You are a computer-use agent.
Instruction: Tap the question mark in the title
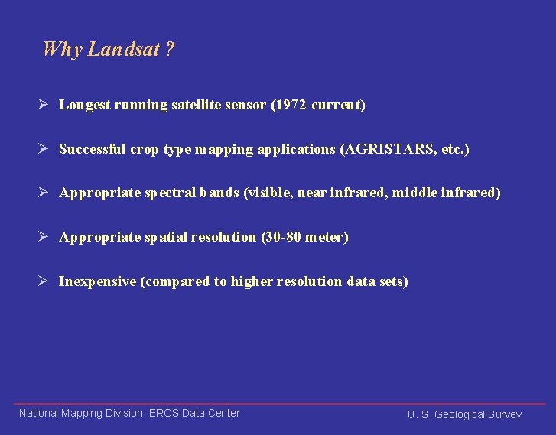click(170, 50)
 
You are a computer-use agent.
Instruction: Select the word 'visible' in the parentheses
click(269, 193)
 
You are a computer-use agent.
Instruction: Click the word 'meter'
click(325, 237)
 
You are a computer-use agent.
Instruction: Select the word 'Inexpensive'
click(97, 281)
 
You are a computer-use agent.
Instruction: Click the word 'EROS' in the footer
click(164, 413)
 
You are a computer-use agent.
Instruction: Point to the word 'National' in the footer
click(38, 413)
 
